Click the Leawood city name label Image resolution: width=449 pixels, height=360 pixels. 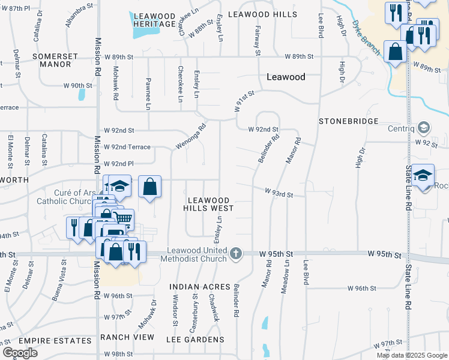point(286,77)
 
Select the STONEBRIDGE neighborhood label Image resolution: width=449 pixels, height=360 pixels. point(348,121)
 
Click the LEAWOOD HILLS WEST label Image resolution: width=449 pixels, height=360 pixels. point(209,203)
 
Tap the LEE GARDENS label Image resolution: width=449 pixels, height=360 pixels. point(195,340)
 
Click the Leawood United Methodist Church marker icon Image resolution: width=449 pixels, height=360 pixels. point(236,254)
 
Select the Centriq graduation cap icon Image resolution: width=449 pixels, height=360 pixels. point(424,128)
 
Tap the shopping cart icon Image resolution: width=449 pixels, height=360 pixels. point(124,220)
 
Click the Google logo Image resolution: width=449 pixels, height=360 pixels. point(20,353)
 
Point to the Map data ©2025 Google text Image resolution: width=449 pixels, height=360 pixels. point(411,355)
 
